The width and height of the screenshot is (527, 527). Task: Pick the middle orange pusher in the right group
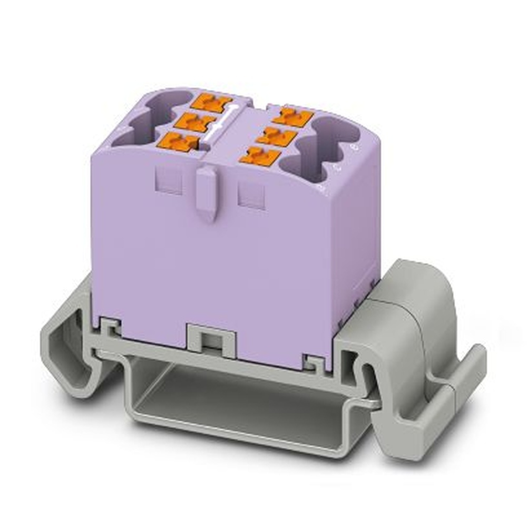[278, 136]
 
